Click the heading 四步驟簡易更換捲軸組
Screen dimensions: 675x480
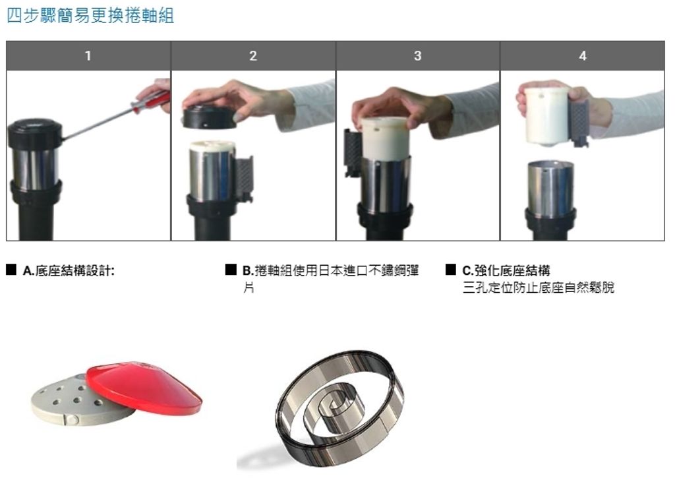(x=90, y=16)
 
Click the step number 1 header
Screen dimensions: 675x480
(x=88, y=56)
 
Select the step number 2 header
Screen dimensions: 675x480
(x=253, y=56)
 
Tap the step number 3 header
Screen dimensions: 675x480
(x=417, y=56)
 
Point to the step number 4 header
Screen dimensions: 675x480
(x=583, y=56)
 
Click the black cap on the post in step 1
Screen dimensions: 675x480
(x=35, y=133)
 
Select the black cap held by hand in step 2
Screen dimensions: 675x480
(x=210, y=117)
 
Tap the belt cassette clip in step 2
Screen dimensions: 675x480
(x=243, y=179)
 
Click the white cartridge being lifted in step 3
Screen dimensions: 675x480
(x=384, y=138)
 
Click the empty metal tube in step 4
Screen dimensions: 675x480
(x=550, y=189)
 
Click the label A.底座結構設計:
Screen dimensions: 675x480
(x=69, y=271)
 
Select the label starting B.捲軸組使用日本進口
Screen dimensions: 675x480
(x=331, y=278)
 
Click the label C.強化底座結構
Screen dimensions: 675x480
(x=506, y=271)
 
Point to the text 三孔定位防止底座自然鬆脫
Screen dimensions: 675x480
(x=538, y=287)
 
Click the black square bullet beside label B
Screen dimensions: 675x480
(x=231, y=270)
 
